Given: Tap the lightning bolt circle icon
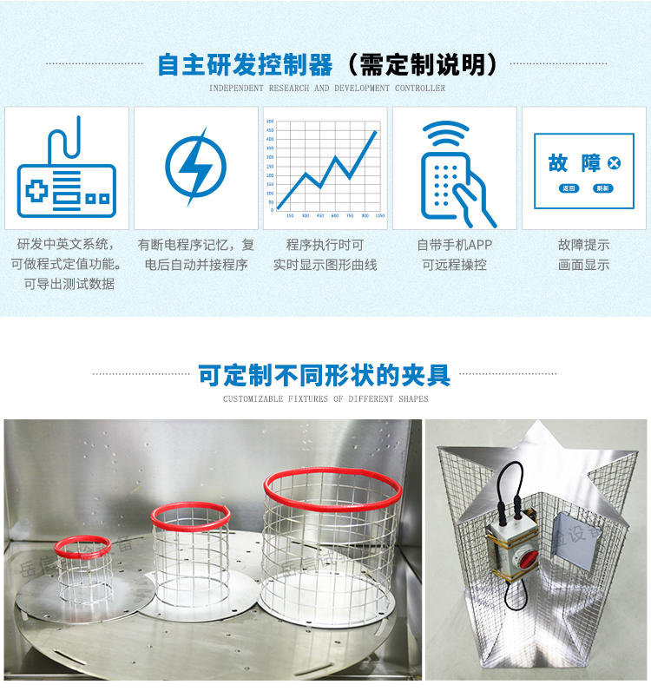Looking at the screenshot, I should click(x=195, y=167).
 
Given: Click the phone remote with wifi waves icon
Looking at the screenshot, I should click(x=454, y=170).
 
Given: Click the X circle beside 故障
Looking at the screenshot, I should click(x=614, y=162).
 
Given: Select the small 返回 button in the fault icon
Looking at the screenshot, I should click(x=569, y=188).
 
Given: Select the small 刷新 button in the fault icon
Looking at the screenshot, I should click(x=602, y=188).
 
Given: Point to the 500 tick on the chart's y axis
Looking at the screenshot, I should click(x=270, y=122).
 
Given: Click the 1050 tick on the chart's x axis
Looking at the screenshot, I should click(x=379, y=215).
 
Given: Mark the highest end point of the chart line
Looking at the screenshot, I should click(x=377, y=131).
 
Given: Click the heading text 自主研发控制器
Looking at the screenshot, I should click(x=245, y=65).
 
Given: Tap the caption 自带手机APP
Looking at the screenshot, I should click(x=454, y=245).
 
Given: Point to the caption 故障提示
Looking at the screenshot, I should click(x=583, y=245).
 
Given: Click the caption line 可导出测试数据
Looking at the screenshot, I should click(x=69, y=284).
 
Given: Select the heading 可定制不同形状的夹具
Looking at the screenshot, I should click(x=325, y=375).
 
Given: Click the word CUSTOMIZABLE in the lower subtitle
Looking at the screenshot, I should click(x=253, y=399).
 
